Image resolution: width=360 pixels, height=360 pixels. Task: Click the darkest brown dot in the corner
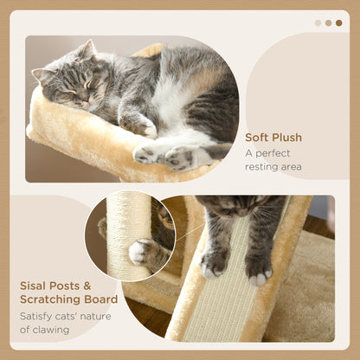(x=338, y=22)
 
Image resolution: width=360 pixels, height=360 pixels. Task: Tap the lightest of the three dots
(x=318, y=22)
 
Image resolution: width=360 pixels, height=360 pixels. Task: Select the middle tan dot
(x=328, y=22)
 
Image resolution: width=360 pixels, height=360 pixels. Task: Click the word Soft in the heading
(x=257, y=137)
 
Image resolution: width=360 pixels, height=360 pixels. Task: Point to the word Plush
(x=287, y=137)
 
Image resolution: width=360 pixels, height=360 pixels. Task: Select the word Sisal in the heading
(x=35, y=285)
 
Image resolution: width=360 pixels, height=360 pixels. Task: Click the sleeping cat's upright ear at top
(x=88, y=50)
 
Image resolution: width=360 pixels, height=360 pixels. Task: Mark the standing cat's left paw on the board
(x=213, y=264)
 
